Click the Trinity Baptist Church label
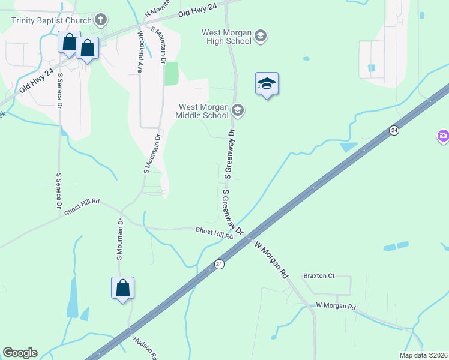pos(51,20)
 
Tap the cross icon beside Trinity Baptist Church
pos(100,20)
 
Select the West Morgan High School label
pos(227,36)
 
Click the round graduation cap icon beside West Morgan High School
pos(260,36)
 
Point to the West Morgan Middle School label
pos(202,111)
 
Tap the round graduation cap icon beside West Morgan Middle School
pos(238,110)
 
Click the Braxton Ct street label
pos(318,276)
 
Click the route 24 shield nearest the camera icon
pos(394,130)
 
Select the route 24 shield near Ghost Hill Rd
pos(220,264)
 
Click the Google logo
pos(20,353)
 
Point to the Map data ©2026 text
pos(423,355)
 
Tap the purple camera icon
pos(443,137)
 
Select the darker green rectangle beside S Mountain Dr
pos(172,73)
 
